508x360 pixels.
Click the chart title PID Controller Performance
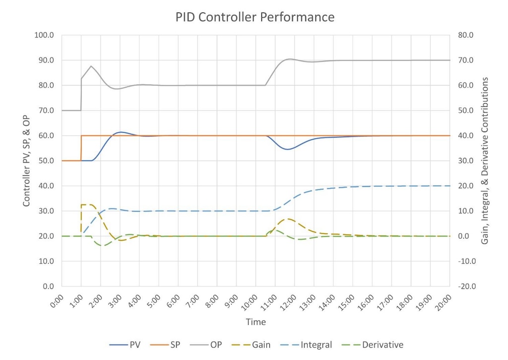[x=255, y=17]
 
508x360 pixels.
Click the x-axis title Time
[x=255, y=322]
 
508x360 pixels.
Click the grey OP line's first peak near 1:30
[x=91, y=66]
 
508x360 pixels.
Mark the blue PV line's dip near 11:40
[x=288, y=149]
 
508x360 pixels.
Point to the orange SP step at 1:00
[x=81, y=148]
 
